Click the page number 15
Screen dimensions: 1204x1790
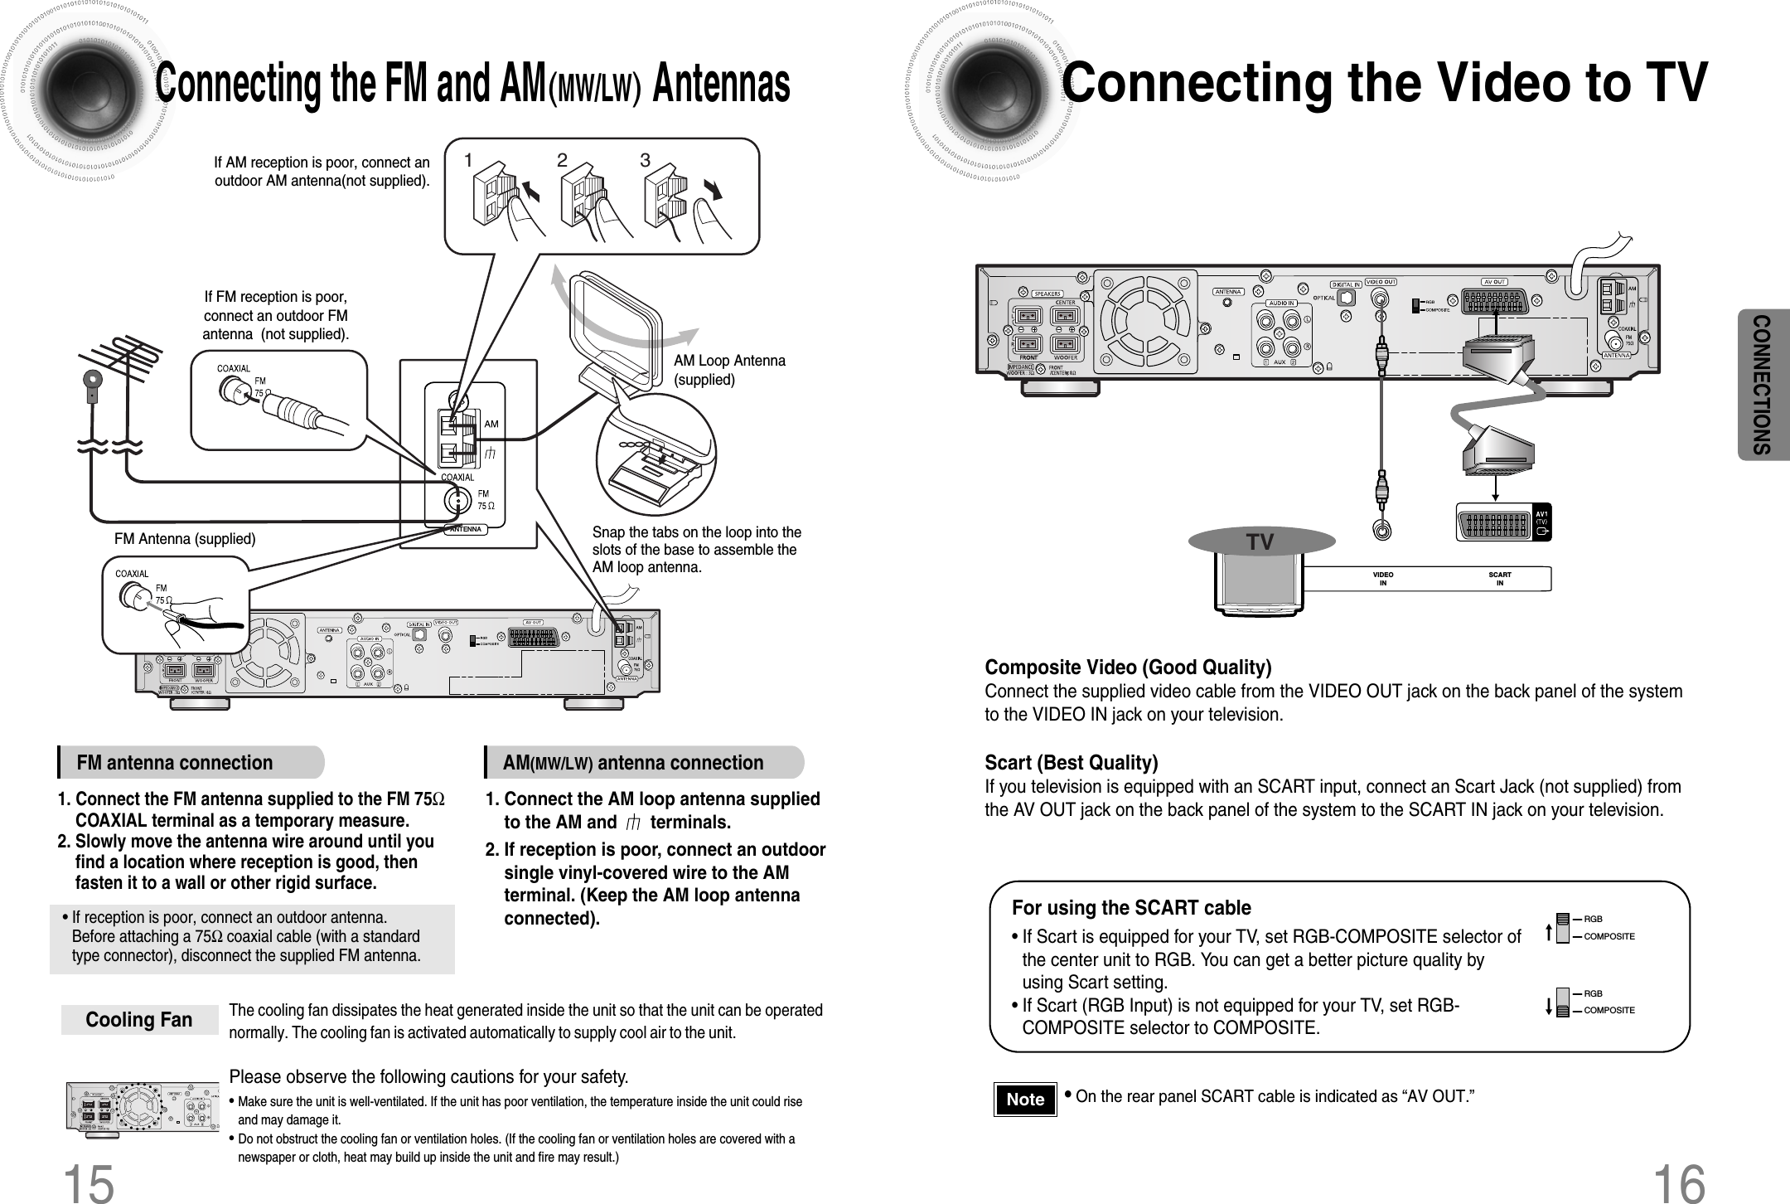pyautogui.click(x=89, y=1181)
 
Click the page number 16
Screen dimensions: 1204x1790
pyautogui.click(x=1678, y=1181)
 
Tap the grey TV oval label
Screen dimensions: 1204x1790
pyautogui.click(x=1261, y=542)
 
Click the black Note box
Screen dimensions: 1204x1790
pyautogui.click(x=1025, y=1100)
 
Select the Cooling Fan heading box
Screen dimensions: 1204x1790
pyautogui.click(x=139, y=1020)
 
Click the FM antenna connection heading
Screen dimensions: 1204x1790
pyautogui.click(x=175, y=763)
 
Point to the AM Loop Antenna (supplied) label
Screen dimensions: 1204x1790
pyautogui.click(x=729, y=371)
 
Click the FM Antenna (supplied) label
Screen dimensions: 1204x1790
pyautogui.click(x=185, y=539)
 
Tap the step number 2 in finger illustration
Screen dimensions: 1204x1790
pyautogui.click(x=562, y=161)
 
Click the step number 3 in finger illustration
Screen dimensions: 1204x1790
pyautogui.click(x=645, y=161)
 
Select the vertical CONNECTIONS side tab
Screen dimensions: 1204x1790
pyautogui.click(x=1763, y=385)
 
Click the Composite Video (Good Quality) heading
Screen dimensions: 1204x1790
pyautogui.click(x=1128, y=668)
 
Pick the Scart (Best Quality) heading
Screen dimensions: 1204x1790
pyautogui.click(x=1071, y=762)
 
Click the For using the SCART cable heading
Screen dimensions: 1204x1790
pyautogui.click(x=1131, y=908)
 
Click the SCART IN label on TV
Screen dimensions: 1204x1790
pyautogui.click(x=1500, y=579)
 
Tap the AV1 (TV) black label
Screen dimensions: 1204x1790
pyautogui.click(x=1542, y=522)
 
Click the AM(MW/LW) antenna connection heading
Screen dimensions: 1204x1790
pyautogui.click(x=633, y=763)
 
